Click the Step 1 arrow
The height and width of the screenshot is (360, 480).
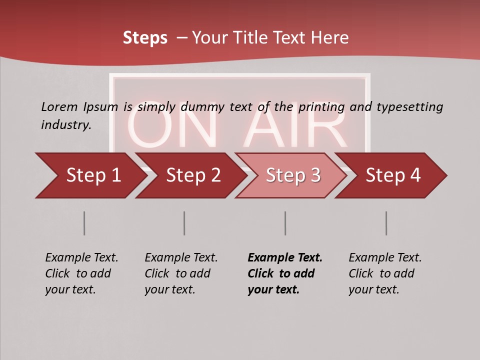90,175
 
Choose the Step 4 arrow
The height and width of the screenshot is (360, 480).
392,175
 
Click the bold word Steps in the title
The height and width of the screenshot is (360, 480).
145,38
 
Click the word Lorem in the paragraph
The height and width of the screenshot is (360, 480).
59,106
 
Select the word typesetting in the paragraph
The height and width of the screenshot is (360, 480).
409,106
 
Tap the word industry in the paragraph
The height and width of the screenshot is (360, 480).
66,125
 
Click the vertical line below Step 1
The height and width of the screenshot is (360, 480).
84,223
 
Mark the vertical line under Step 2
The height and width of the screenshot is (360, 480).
184,223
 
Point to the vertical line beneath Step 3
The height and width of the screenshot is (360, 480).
285,223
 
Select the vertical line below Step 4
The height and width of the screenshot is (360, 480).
386,223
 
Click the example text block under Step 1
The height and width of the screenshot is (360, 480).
81,273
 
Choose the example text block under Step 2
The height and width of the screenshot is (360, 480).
181,273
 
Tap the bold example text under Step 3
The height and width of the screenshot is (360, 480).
284,273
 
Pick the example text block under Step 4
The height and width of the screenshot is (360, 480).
385,273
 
